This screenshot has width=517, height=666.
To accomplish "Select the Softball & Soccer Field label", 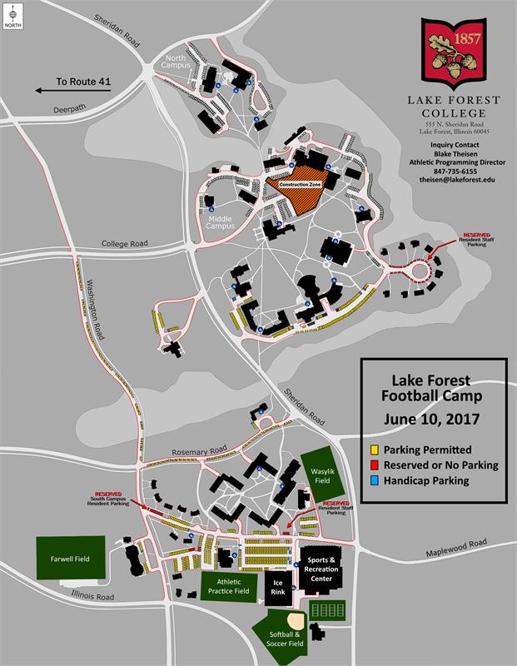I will (284, 639).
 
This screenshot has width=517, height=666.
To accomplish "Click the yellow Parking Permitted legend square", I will (375, 450).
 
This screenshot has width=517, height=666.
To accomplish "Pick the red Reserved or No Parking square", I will (375, 465).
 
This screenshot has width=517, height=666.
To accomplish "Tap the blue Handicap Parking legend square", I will (375, 480).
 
